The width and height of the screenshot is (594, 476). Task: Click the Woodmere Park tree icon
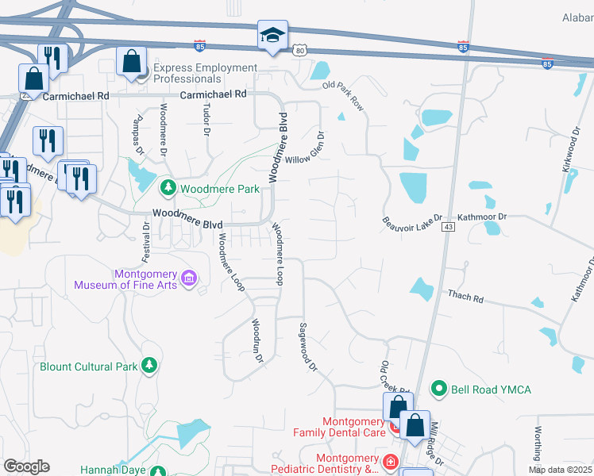168,188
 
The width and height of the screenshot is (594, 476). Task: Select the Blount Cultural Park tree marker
148,366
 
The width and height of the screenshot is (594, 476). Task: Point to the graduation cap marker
272,36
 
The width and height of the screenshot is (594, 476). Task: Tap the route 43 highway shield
449,227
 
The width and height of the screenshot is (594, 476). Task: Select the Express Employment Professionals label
205,73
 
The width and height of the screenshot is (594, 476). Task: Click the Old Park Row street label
343,94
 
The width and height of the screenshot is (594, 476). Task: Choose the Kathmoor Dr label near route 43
482,216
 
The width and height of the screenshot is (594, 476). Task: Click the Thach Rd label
465,297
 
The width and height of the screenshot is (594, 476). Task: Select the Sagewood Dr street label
307,347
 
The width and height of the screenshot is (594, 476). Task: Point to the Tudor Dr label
206,118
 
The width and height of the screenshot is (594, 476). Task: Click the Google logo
26,466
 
